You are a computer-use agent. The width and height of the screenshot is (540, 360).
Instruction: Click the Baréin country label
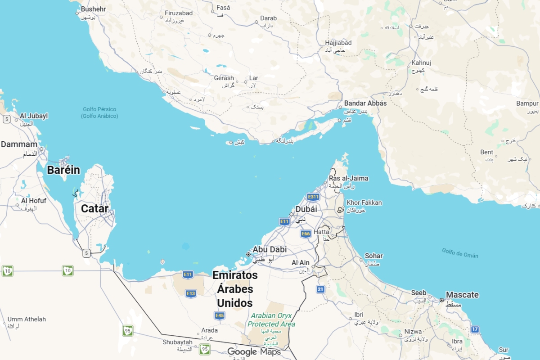click(x=63, y=170)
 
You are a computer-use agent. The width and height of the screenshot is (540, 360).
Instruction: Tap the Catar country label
click(x=94, y=209)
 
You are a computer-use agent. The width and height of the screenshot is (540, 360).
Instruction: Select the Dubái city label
click(x=306, y=209)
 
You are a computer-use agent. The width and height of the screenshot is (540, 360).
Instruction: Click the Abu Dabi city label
click(x=270, y=249)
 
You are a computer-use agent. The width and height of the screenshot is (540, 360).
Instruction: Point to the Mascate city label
click(x=462, y=295)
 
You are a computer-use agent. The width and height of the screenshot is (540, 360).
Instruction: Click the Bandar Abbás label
click(x=365, y=103)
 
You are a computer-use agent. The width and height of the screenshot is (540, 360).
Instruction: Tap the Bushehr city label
click(x=93, y=9)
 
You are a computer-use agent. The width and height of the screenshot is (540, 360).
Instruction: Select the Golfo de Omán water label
click(x=460, y=253)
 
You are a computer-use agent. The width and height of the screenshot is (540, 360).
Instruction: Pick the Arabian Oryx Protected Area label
click(x=271, y=320)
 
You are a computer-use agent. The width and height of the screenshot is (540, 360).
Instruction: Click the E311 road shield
click(x=313, y=197)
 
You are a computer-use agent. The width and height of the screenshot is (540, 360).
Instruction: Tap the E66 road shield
click(x=306, y=234)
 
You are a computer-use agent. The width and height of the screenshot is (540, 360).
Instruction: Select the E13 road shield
click(x=191, y=293)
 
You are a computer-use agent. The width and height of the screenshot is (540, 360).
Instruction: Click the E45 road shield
click(x=220, y=315)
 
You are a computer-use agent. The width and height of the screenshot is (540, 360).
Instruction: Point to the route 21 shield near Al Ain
click(x=320, y=289)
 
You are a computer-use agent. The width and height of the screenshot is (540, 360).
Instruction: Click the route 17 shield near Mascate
click(x=475, y=329)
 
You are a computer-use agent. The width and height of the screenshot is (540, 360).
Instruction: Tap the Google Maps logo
click(x=254, y=352)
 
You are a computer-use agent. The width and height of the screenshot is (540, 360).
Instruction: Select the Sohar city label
click(x=373, y=256)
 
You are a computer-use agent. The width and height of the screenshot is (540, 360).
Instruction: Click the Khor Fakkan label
click(x=364, y=203)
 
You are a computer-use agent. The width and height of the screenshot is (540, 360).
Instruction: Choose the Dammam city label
click(x=19, y=145)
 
